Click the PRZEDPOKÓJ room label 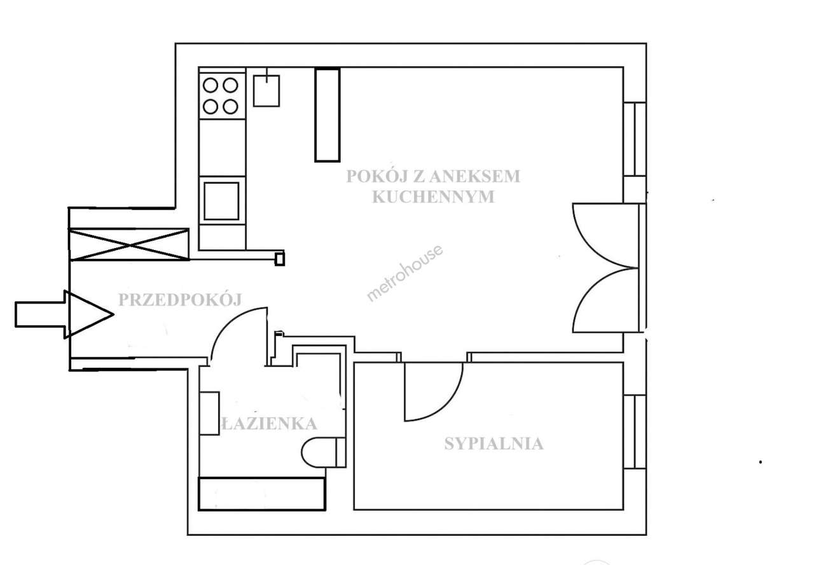(x=180, y=300)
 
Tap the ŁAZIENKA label (x=269, y=423)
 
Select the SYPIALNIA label (x=493, y=443)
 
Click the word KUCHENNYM (x=432, y=197)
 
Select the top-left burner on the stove (x=210, y=85)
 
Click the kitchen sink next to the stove (x=266, y=90)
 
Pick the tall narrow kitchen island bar (x=328, y=115)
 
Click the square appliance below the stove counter (x=221, y=200)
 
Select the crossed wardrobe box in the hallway (x=129, y=244)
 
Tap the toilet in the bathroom (x=321, y=452)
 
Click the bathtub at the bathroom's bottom (x=261, y=493)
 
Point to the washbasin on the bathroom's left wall (x=209, y=414)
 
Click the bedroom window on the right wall (x=634, y=431)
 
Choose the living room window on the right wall (x=634, y=139)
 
